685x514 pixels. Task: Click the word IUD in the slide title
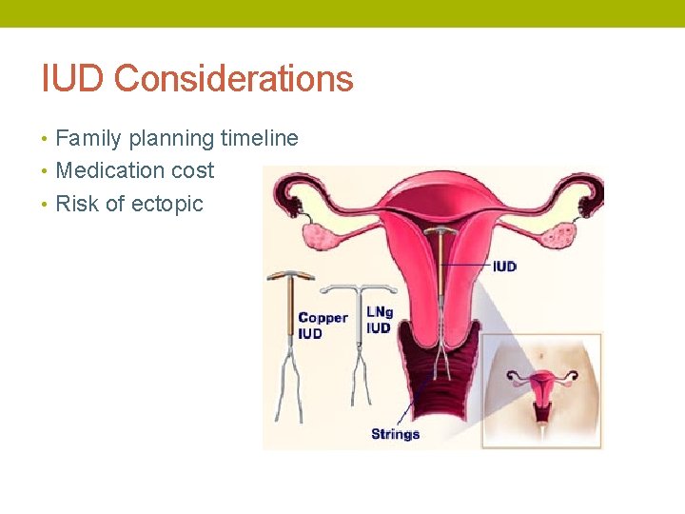[x=72, y=79]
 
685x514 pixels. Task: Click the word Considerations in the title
[x=233, y=79]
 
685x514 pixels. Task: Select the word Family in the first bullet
[x=88, y=139]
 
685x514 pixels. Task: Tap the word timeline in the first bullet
[x=259, y=139]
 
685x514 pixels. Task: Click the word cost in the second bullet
[x=193, y=171]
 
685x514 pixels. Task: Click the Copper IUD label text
[x=323, y=326]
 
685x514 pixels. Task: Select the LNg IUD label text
[x=379, y=320]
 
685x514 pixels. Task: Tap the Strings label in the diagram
[x=395, y=434]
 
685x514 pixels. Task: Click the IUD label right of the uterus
[x=504, y=266]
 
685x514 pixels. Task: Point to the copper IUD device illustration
[x=289, y=314]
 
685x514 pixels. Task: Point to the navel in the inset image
[x=541, y=357]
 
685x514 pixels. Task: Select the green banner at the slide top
[x=342, y=13]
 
